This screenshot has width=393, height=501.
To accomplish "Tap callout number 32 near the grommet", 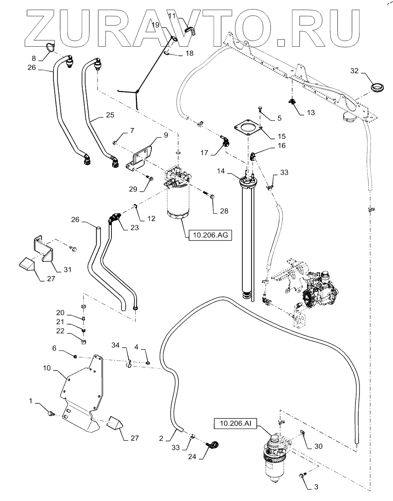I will [355, 71].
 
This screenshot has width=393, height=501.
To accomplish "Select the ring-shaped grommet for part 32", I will [377, 87].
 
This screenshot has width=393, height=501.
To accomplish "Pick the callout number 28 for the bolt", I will [224, 211].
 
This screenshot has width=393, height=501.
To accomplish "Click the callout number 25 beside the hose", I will [109, 115].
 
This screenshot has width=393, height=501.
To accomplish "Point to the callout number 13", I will [310, 112].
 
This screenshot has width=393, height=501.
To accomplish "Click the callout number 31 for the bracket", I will [67, 270].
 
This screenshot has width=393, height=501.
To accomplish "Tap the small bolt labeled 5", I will [260, 107].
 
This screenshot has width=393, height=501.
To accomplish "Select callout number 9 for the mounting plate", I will [165, 136].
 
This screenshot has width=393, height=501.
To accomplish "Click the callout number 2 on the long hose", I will [161, 438].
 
